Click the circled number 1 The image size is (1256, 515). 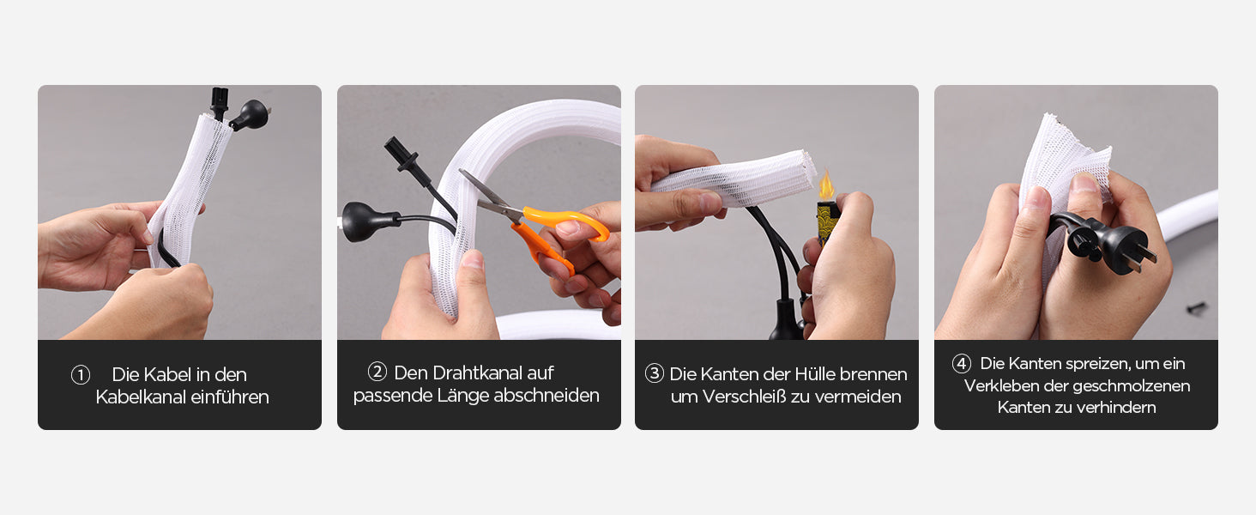tap(81, 375)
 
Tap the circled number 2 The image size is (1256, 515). tap(377, 372)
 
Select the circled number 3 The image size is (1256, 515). tap(655, 373)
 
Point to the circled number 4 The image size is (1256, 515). tap(962, 364)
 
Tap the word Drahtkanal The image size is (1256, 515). tap(474, 373)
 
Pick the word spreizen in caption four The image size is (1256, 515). tap(1096, 364)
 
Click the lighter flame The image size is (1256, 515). tap(826, 185)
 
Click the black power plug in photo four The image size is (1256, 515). tap(1108, 245)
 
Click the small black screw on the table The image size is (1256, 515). tap(1195, 307)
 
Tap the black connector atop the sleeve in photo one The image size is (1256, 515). tap(220, 103)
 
